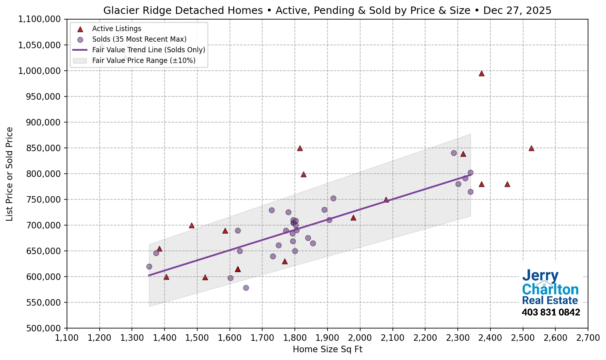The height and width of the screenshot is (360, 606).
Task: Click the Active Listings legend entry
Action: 116,29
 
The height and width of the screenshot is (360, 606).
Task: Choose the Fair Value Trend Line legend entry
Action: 148,50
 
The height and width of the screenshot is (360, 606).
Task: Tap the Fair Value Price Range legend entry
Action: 143,60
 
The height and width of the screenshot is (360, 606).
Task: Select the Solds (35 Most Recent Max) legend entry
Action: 139,39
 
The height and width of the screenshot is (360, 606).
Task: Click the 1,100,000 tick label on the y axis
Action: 40,19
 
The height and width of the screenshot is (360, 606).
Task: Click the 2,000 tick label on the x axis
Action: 360,338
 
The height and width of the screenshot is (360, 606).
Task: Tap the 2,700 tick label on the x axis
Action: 588,338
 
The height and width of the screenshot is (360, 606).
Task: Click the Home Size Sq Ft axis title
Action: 328,349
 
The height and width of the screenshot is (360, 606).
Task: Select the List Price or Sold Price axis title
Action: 9,174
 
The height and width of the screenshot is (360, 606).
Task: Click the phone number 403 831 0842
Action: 550,313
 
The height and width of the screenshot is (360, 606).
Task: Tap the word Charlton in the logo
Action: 550,289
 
